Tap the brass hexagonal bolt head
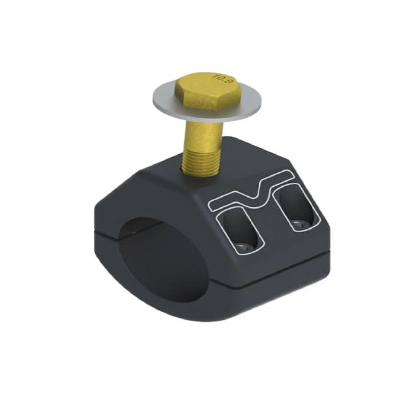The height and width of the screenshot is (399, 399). coord(202,90)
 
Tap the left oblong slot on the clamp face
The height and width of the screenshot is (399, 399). coord(239,229)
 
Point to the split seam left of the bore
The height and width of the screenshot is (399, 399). coord(106,234)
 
